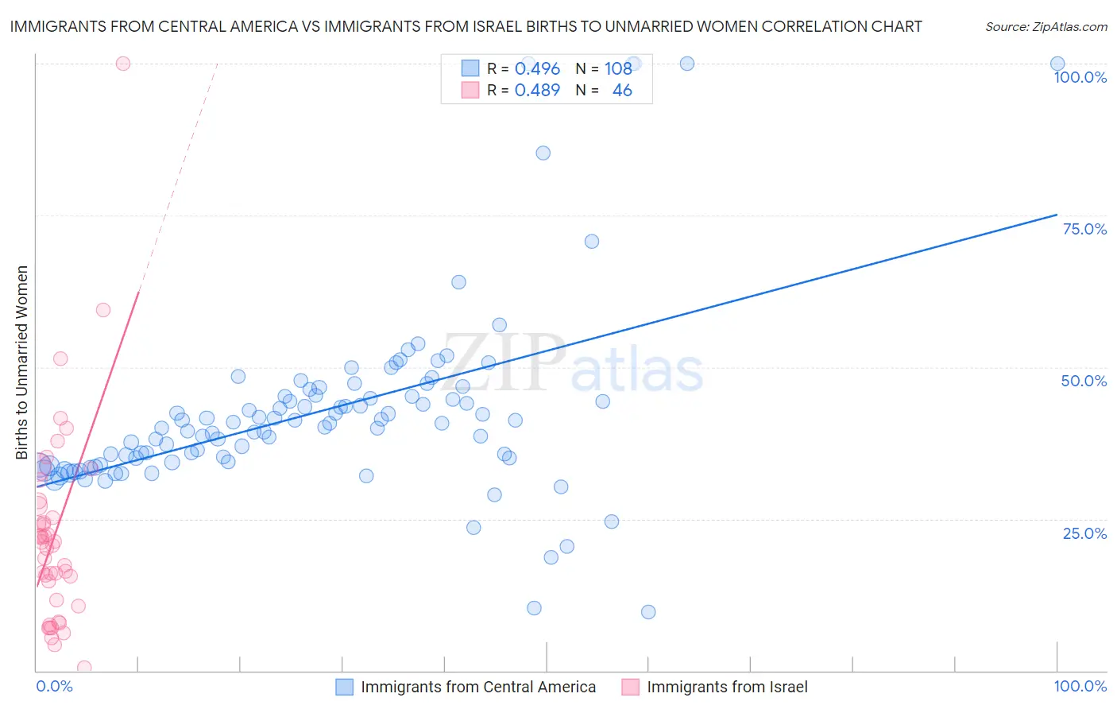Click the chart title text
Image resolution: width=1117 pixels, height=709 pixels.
466,26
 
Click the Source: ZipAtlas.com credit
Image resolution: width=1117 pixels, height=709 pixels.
1045,27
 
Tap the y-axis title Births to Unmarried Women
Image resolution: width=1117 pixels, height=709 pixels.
22,362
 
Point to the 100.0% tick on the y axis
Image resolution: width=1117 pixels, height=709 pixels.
1080,77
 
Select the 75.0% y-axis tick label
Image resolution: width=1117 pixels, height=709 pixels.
1084,229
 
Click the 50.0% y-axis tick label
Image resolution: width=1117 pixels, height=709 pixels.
1084,381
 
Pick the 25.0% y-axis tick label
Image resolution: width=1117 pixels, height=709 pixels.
1084,533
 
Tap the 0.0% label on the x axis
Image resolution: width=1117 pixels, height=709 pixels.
54,686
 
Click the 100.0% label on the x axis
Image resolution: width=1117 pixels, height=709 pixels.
1080,686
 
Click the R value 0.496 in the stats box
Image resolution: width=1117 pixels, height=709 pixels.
537,69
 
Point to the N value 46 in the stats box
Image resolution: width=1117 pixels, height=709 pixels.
622,91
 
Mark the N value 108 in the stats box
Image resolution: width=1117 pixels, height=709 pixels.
618,69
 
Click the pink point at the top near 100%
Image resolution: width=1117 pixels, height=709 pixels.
123,64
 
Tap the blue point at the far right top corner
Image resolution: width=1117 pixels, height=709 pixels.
1057,64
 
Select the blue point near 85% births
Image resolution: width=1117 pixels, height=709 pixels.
543,153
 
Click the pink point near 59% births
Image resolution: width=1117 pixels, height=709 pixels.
103,310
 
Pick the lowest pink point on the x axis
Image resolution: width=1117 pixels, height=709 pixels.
84,668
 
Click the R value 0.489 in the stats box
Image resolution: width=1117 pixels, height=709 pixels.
537,91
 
